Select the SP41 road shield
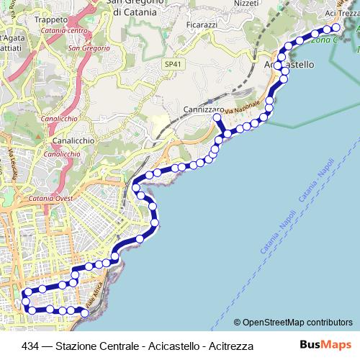pyautogui.click(x=171, y=64)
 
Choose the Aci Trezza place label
pyautogui.click(x=342, y=14)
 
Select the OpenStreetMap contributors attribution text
pyautogui.click(x=293, y=322)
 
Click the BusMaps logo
pyautogui.click(x=325, y=345)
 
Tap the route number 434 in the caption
pyautogui.click(x=30, y=346)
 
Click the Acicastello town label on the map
pyautogui.click(x=295, y=64)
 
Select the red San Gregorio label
pyautogui.click(x=89, y=48)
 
